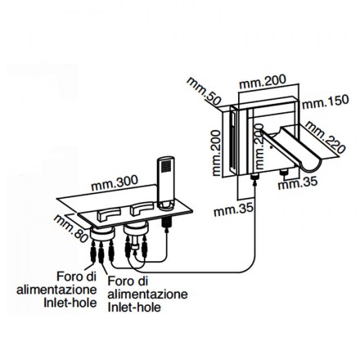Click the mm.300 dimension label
[x=115, y=183]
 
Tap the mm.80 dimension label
[x=71, y=228]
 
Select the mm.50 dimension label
[x=204, y=92]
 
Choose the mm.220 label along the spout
[x=325, y=137]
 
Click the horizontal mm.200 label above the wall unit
[x=263, y=81]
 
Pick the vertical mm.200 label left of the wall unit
[x=216, y=153]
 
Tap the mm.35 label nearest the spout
[x=298, y=182]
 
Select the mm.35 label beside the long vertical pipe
[x=234, y=210]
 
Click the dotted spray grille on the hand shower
[x=166, y=166]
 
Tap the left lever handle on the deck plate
[x=109, y=214]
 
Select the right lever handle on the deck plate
[x=142, y=209]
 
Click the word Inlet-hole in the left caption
[x=70, y=303]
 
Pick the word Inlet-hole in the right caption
[x=134, y=308]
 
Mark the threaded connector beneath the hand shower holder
[x=166, y=223]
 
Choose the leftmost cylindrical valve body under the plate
[x=101, y=233]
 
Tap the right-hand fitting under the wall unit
[x=285, y=173]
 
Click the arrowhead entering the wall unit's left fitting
[x=255, y=182]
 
